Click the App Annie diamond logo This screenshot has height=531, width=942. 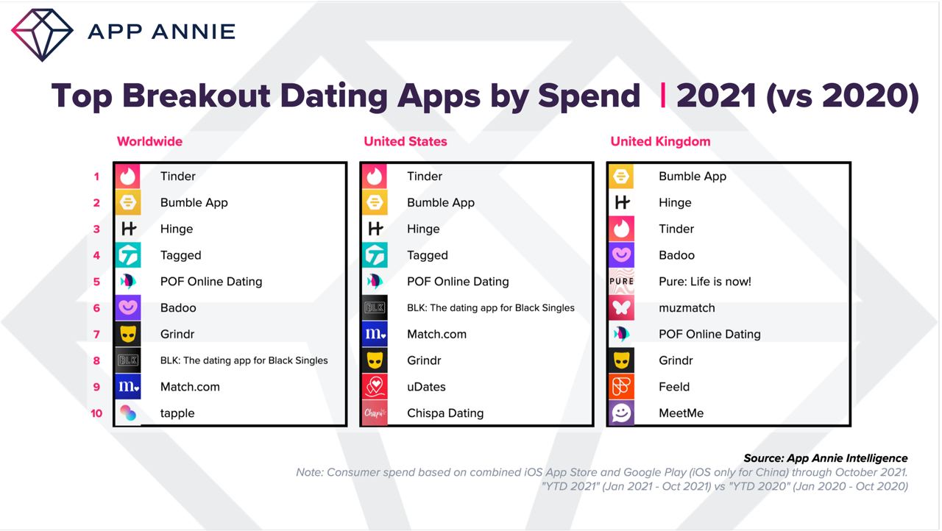pyautogui.click(x=42, y=35)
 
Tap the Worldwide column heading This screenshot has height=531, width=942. pyautogui.click(x=149, y=141)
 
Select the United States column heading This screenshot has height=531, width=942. pyautogui.click(x=406, y=141)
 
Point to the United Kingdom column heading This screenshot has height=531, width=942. pyautogui.click(x=660, y=141)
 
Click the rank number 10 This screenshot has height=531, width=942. pyautogui.click(x=96, y=413)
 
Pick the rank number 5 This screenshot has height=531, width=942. pyautogui.click(x=96, y=282)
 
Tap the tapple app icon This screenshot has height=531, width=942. pyautogui.click(x=128, y=413)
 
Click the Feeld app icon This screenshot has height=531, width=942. pyautogui.click(x=621, y=387)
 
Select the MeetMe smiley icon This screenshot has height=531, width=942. pyautogui.click(x=621, y=413)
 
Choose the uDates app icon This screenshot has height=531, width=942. pyautogui.click(x=375, y=387)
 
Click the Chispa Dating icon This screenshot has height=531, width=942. pyautogui.click(x=375, y=413)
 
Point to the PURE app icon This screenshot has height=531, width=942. pyautogui.click(x=621, y=281)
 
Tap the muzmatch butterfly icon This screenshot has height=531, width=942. pyautogui.click(x=621, y=307)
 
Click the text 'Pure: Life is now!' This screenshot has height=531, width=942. pyautogui.click(x=705, y=282)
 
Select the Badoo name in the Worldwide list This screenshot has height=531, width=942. pyautogui.click(x=178, y=308)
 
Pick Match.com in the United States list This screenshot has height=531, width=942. pyautogui.click(x=436, y=334)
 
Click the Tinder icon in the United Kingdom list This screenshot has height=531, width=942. pyautogui.click(x=621, y=229)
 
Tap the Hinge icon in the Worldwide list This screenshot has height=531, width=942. pyautogui.click(x=128, y=229)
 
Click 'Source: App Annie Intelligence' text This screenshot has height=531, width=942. pyautogui.click(x=826, y=458)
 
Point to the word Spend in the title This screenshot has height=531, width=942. pyautogui.click(x=589, y=96)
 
